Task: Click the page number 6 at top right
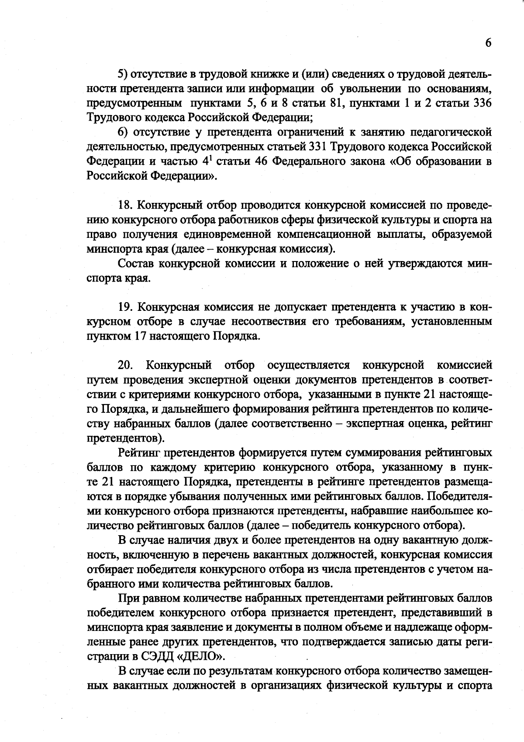tap(488, 42)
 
